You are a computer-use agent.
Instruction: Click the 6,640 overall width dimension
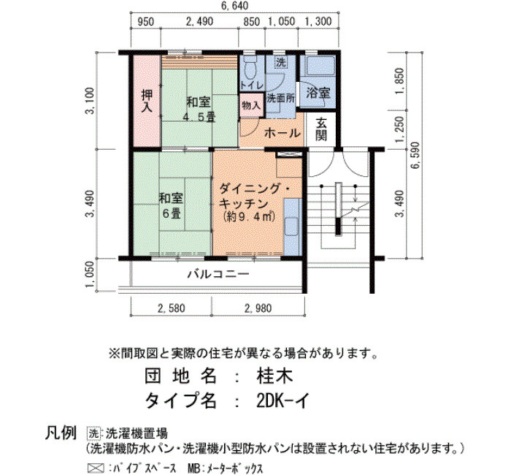point(234,6)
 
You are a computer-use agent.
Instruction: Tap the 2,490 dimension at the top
point(199,21)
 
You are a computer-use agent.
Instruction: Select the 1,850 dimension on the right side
point(399,80)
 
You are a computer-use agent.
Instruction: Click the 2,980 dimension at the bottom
point(258,308)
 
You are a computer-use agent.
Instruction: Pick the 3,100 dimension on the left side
point(90,101)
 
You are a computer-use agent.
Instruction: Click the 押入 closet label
point(147,101)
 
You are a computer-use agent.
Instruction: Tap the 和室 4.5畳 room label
point(199,110)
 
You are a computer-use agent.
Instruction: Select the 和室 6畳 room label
point(171,205)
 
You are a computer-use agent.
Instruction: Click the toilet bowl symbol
point(250,69)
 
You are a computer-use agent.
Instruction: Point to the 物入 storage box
point(251,105)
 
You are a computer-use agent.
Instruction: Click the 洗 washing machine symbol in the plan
point(280,61)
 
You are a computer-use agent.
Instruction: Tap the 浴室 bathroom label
point(318,93)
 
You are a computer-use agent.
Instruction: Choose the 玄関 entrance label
point(321,129)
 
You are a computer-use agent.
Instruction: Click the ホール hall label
point(282,133)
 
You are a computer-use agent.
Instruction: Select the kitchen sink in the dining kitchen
point(291,226)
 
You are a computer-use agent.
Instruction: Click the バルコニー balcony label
point(218,274)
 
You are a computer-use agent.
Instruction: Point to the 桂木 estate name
point(274,376)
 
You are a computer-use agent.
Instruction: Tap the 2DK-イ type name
point(283,400)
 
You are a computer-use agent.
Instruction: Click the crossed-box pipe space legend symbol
point(96,468)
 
